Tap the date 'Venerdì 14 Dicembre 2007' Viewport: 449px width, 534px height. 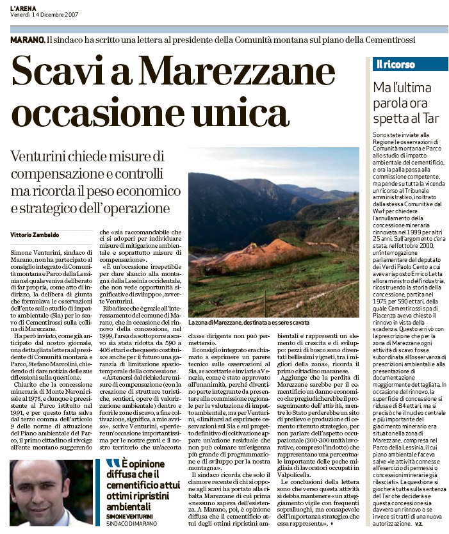[40, 14]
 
